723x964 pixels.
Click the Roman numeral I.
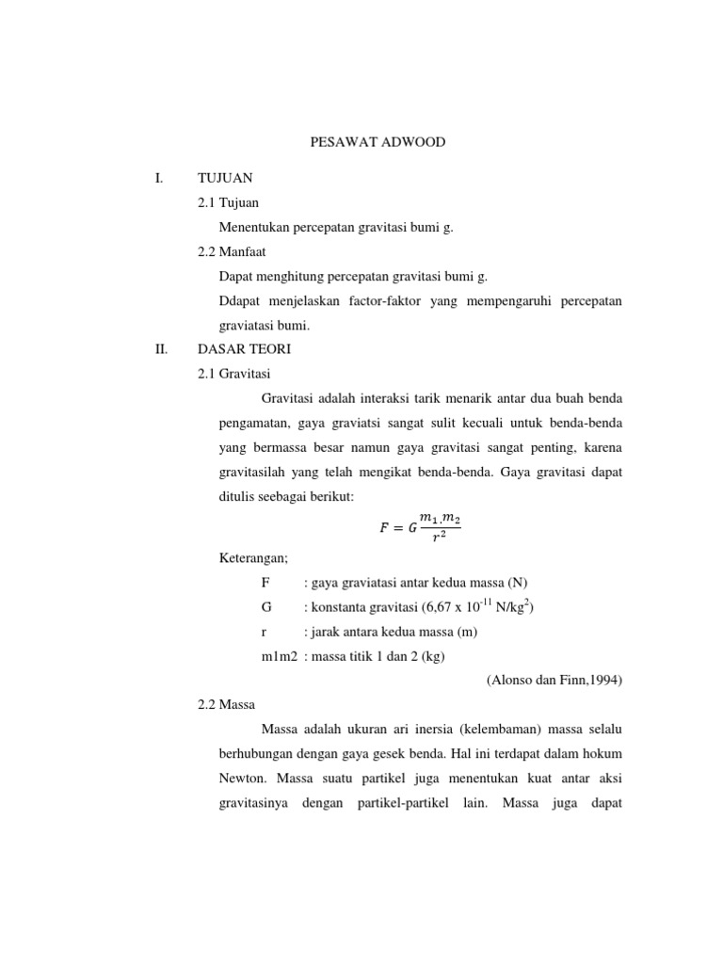[x=158, y=177]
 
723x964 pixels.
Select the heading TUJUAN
[x=225, y=177]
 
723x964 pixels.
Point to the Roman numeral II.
[x=160, y=349]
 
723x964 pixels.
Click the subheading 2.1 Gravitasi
[x=234, y=374]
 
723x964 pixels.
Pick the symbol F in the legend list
[x=265, y=582]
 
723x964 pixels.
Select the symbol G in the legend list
[x=266, y=607]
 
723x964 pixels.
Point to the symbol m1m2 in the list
[x=280, y=656]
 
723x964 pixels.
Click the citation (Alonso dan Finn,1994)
[x=554, y=681]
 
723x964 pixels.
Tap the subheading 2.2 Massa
[x=227, y=705]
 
